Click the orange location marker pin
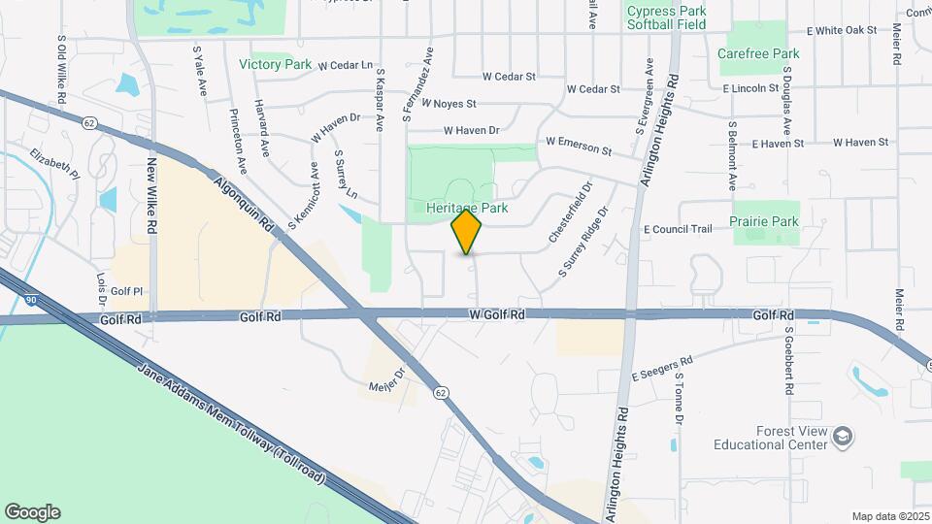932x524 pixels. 467,232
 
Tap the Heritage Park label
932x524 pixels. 467,208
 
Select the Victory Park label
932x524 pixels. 275,65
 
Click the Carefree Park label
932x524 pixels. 758,54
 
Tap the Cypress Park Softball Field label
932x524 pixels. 666,17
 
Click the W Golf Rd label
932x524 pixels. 497,314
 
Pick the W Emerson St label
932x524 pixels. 579,146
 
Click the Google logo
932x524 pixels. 32,511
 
